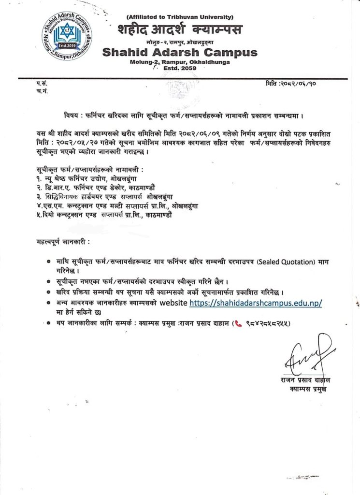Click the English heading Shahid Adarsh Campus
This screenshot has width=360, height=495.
pos(179,52)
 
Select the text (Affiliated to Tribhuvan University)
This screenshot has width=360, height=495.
pos(181,17)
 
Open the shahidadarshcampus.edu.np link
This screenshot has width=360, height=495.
pos(255,303)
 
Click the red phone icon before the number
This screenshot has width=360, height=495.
pos(237,323)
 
